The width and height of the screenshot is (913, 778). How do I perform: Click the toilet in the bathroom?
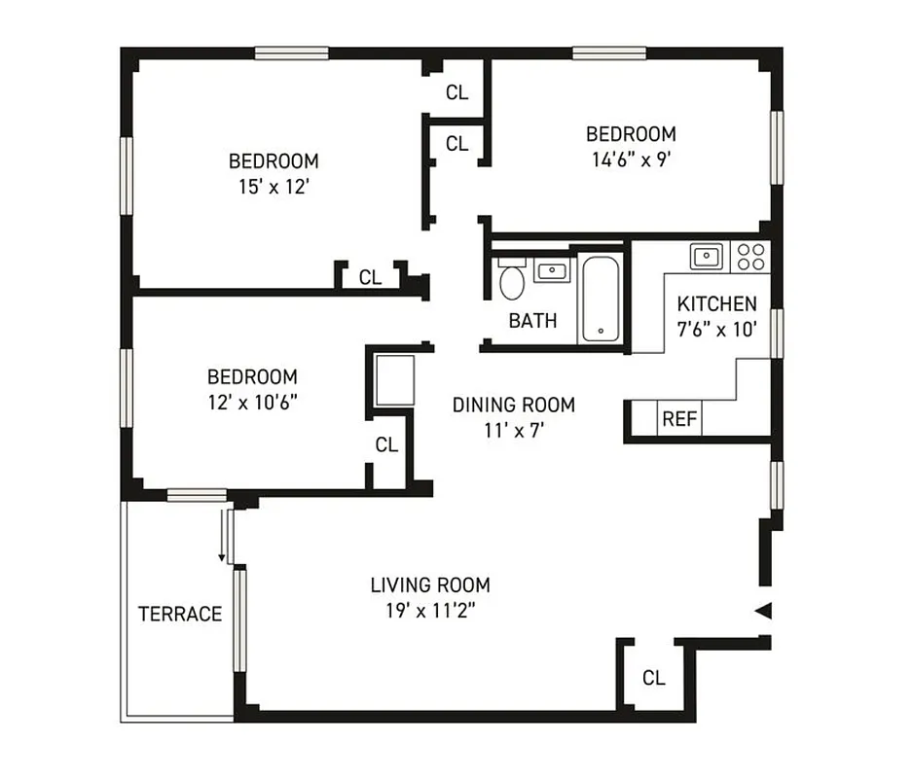(x=510, y=280)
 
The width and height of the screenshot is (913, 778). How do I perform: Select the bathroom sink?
(x=552, y=270)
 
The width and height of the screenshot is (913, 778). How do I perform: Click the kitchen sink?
(x=706, y=257)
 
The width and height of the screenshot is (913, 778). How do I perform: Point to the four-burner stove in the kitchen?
(x=750, y=257)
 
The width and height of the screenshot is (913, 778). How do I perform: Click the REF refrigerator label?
(x=678, y=419)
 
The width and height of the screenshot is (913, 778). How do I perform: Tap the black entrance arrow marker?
(x=764, y=611)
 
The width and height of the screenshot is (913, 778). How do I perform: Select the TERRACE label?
(x=180, y=614)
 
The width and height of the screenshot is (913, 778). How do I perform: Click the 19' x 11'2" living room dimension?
(x=429, y=610)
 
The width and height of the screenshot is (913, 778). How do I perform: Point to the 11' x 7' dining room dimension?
(x=513, y=429)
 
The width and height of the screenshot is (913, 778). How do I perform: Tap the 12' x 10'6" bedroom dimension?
(x=252, y=401)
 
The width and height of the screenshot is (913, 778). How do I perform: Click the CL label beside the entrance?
(x=654, y=678)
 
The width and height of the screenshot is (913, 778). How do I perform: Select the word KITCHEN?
(x=717, y=303)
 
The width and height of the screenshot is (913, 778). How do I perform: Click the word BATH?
(x=533, y=320)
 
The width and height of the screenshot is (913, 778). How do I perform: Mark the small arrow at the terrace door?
(x=222, y=557)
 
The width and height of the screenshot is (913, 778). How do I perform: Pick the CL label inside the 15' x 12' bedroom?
(x=370, y=277)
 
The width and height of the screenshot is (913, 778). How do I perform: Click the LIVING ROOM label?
(x=429, y=584)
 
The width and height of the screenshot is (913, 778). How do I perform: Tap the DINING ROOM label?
(x=513, y=405)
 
